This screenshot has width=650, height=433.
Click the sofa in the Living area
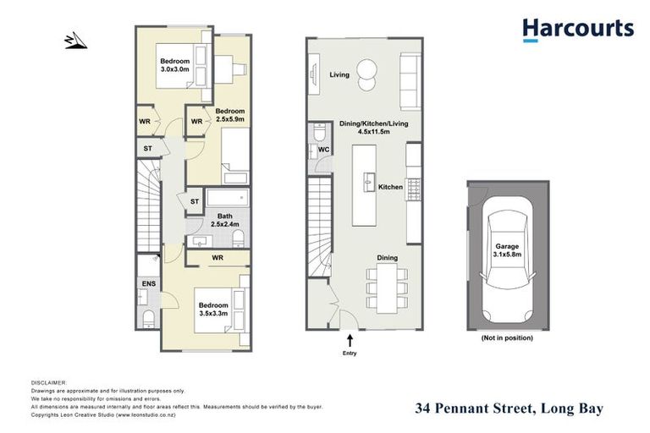click(407, 74)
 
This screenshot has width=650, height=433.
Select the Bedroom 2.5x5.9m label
click(229, 116)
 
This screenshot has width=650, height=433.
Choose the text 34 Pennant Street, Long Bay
click(509, 408)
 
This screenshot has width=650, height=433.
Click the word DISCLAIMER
click(48, 382)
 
